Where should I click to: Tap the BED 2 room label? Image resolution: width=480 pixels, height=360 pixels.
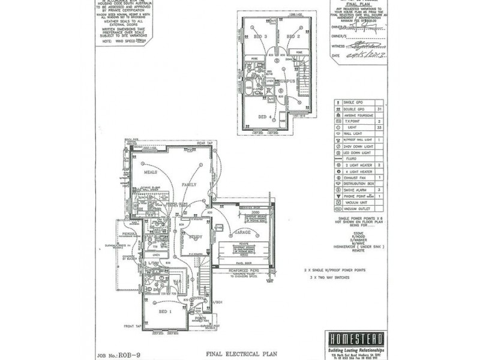pyautogui.click(x=293, y=37)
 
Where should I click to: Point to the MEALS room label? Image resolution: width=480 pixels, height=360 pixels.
pyautogui.click(x=150, y=172)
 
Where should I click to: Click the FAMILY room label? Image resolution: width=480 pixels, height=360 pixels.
pyautogui.click(x=190, y=185)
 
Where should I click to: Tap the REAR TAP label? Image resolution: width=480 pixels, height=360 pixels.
pyautogui.click(x=205, y=143)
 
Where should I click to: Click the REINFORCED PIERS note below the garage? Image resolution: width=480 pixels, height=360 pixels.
pyautogui.click(x=232, y=271)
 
